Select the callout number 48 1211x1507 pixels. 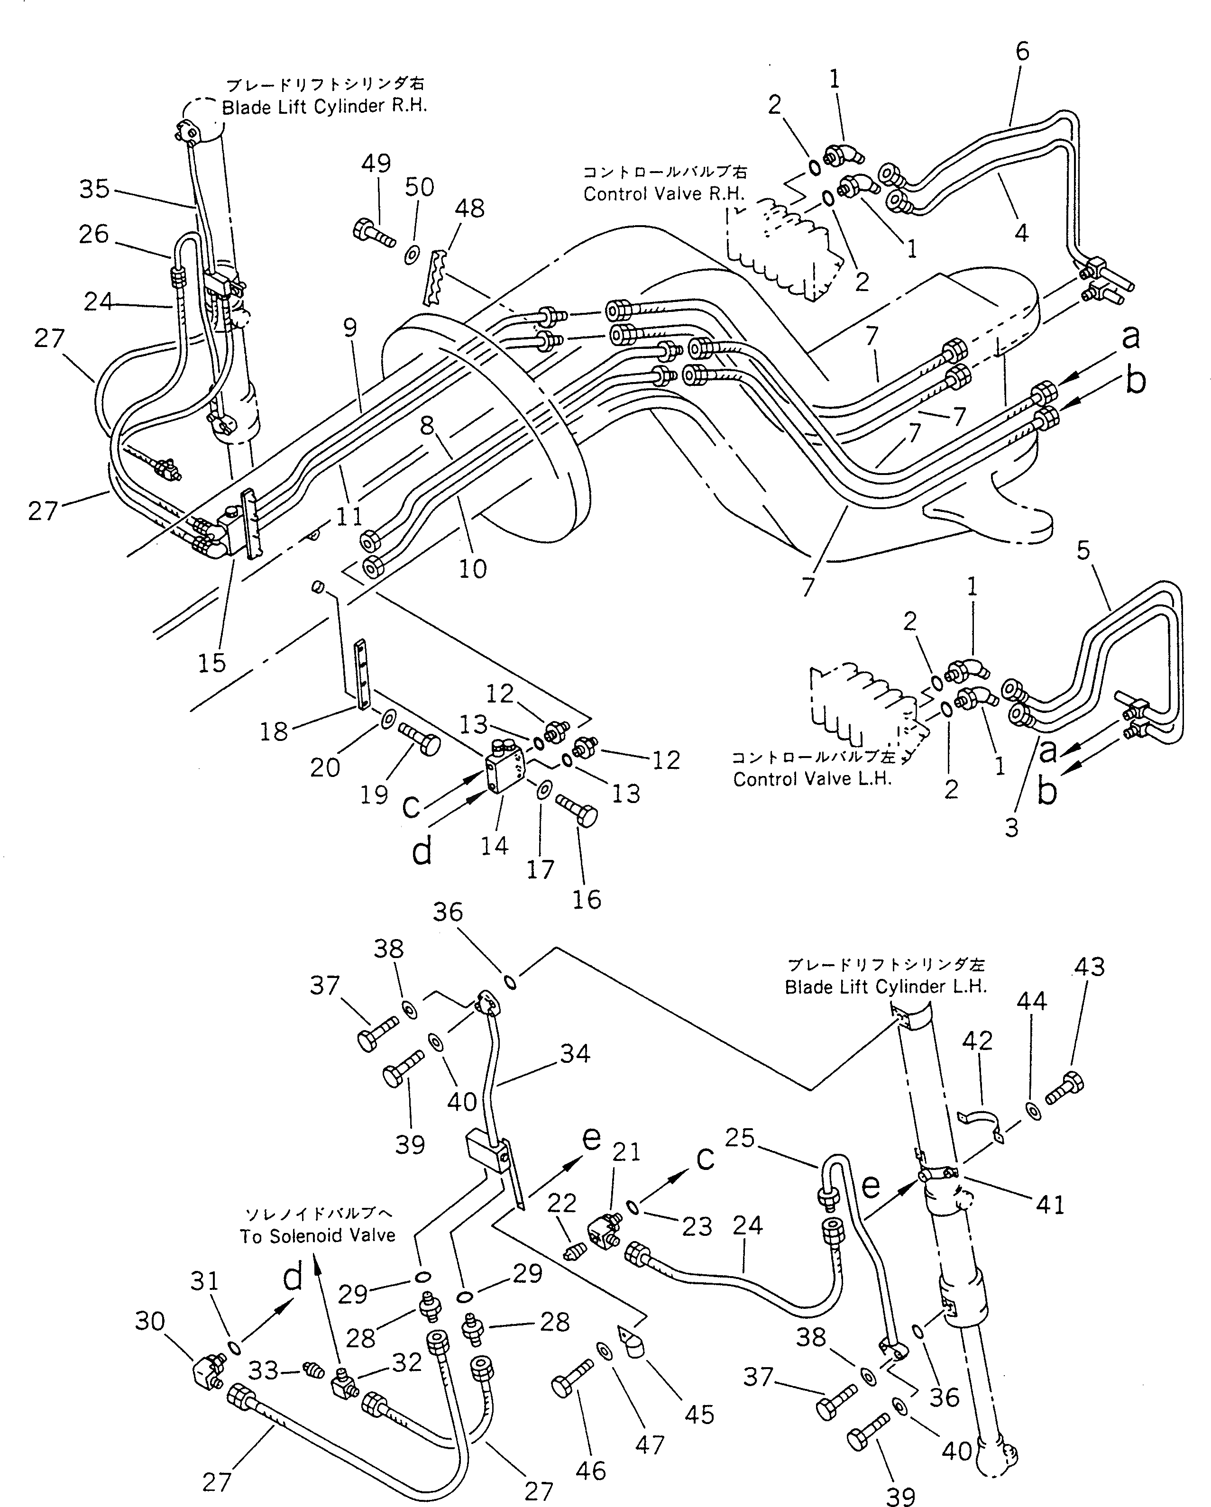pyautogui.click(x=469, y=208)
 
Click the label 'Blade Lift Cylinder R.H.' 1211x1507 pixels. pyautogui.click(x=324, y=107)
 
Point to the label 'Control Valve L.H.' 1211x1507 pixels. pyautogui.click(x=812, y=779)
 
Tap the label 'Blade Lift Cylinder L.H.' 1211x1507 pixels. pyautogui.click(x=885, y=987)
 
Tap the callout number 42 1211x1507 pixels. pyautogui.click(x=977, y=1060)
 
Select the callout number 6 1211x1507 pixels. pyautogui.click(x=1022, y=51)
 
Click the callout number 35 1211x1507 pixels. pyautogui.click(x=94, y=189)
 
